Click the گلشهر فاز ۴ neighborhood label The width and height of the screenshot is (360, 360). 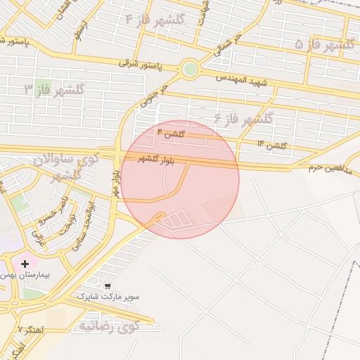click(154, 19)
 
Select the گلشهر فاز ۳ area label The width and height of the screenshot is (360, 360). click(54, 90)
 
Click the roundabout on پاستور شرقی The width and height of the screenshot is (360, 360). click(189, 70)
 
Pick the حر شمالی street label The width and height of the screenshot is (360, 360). click(229, 44)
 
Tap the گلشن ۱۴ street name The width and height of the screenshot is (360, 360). click(271, 144)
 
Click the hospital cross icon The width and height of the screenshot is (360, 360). click(25, 263)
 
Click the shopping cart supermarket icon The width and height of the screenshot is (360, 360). click(107, 286)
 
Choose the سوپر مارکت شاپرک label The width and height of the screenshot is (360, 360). click(108, 297)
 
